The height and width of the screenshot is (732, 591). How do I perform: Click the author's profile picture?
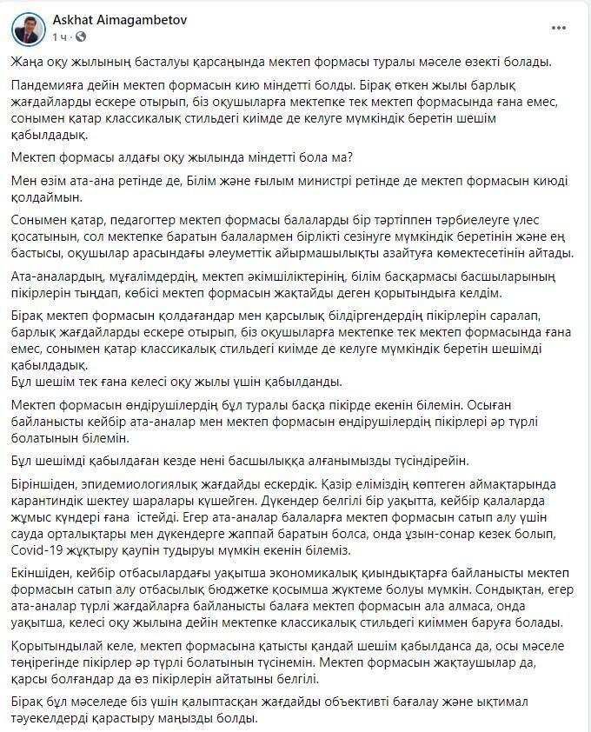[29, 28]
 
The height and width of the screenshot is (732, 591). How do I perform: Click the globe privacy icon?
[80, 37]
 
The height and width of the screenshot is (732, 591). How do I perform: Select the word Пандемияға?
[50, 87]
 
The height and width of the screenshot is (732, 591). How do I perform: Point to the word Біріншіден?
[48, 482]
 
